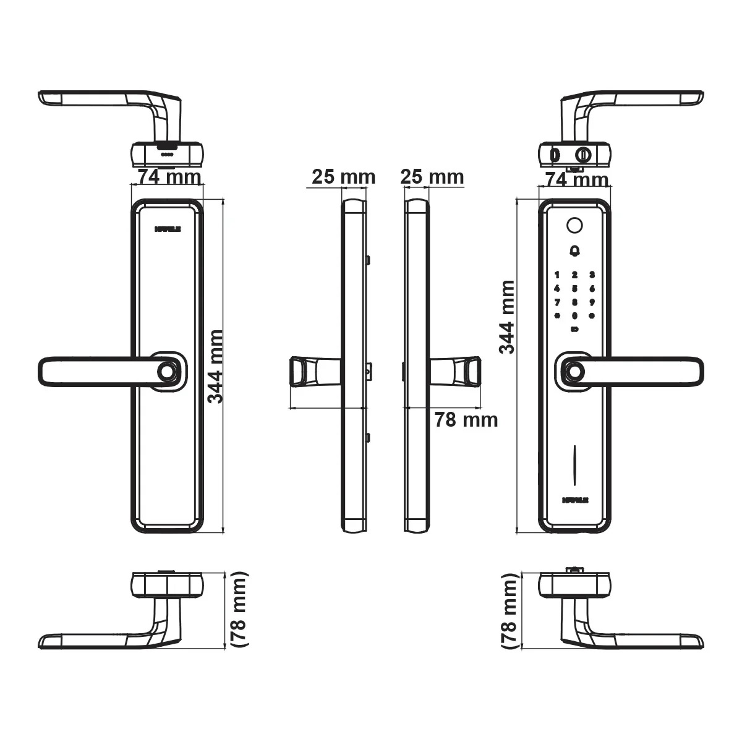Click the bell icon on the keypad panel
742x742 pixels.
pyautogui.click(x=574, y=251)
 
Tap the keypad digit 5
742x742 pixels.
pyautogui.click(x=574, y=288)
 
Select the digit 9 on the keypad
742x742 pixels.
pyautogui.click(x=592, y=302)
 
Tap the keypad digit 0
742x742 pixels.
pyautogui.click(x=574, y=315)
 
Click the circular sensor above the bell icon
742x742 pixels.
pyautogui.click(x=574, y=226)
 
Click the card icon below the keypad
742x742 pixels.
pyautogui.click(x=574, y=329)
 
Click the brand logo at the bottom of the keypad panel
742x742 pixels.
pyautogui.click(x=574, y=499)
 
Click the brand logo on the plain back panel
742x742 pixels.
pyautogui.click(x=167, y=228)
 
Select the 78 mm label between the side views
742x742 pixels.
pyautogui.click(x=466, y=420)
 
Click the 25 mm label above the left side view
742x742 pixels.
pyautogui.click(x=343, y=177)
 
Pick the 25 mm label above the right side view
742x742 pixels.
pyautogui.click(x=432, y=177)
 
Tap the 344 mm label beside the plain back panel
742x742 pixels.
pyautogui.click(x=215, y=366)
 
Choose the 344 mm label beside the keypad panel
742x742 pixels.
pyautogui.click(x=507, y=317)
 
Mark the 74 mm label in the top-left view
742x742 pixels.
pyautogui.click(x=169, y=177)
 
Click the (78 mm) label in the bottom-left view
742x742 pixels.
pyautogui.click(x=239, y=610)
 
